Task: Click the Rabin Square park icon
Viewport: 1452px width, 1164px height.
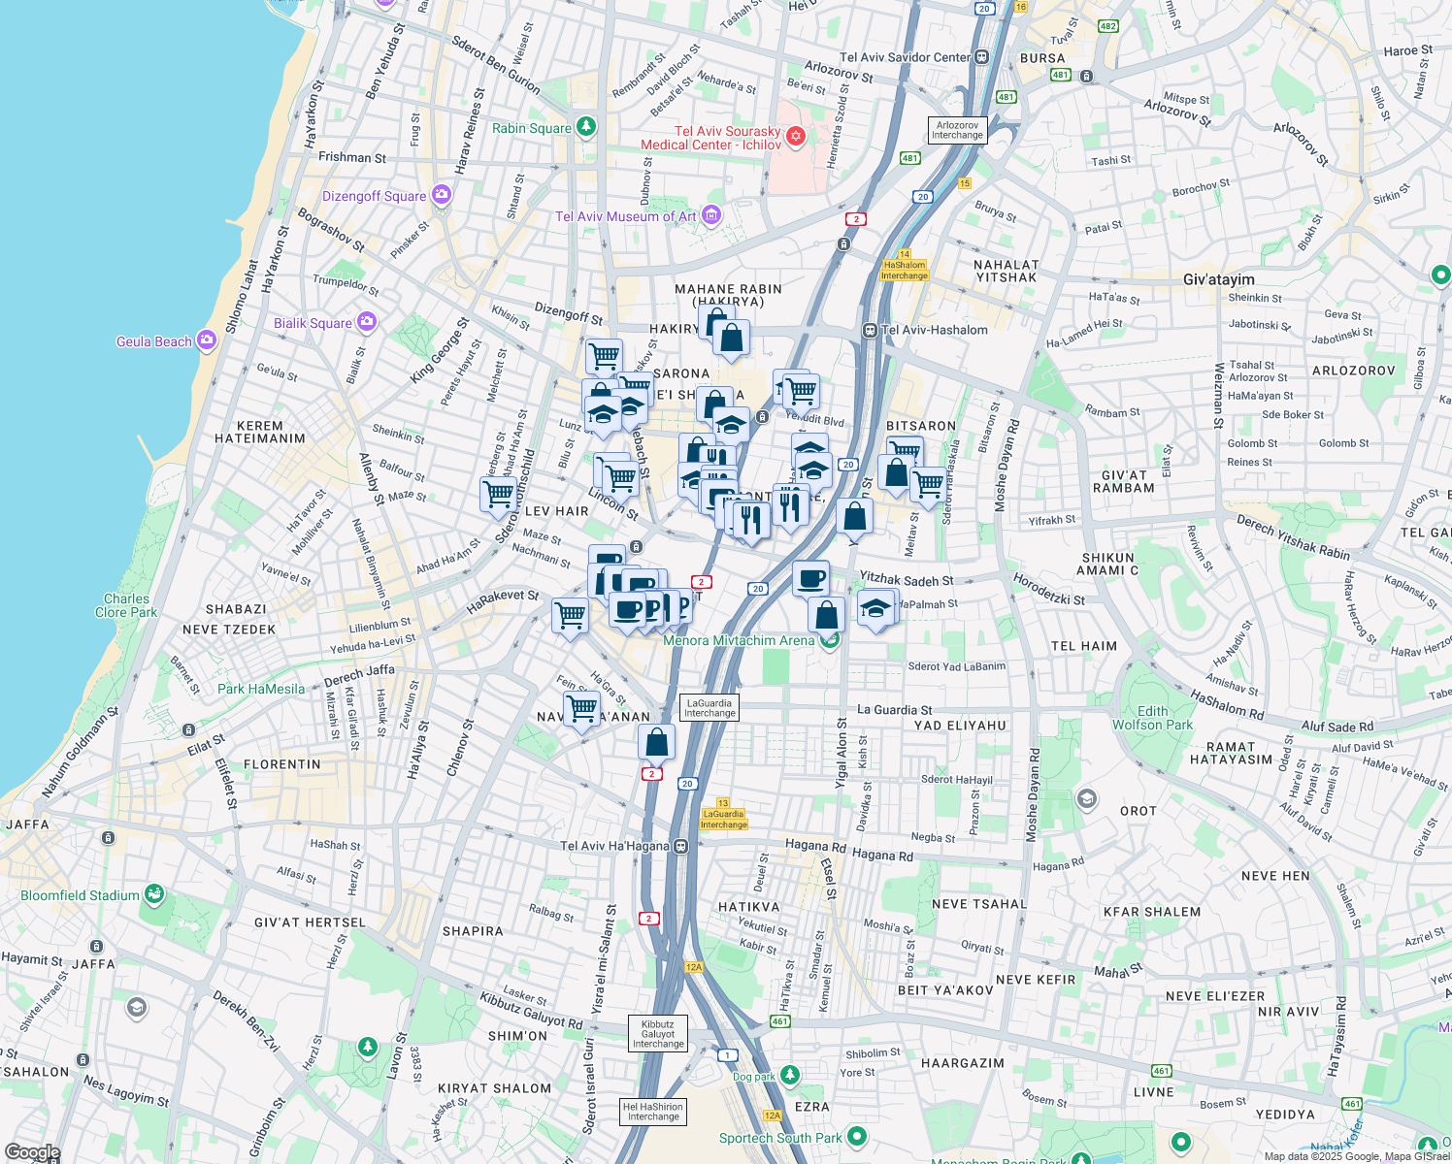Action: point(585,127)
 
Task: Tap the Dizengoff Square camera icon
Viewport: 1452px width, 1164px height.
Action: point(442,195)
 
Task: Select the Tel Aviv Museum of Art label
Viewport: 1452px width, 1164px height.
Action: point(625,216)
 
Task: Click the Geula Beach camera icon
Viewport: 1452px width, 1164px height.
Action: point(206,340)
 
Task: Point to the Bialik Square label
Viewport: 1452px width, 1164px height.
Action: point(313,323)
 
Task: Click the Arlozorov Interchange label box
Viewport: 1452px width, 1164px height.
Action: point(957,130)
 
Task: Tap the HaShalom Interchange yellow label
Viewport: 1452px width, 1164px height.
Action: point(904,270)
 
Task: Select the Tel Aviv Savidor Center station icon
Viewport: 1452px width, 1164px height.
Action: point(982,57)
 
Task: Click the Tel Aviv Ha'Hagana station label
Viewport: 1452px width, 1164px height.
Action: point(614,846)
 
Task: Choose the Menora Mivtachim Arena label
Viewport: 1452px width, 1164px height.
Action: point(739,640)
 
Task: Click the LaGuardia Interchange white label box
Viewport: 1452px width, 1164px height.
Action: point(709,708)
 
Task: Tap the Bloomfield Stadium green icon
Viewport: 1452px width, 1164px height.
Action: point(153,894)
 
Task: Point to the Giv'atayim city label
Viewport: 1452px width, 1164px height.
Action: point(1219,279)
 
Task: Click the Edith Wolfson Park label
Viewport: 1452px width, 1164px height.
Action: point(1152,718)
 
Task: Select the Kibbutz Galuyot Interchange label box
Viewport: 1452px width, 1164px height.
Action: point(658,1034)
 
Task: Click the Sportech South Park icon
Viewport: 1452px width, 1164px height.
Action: point(856,1136)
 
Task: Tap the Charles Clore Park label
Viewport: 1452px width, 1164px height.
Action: point(126,605)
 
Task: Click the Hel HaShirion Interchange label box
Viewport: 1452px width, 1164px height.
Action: point(653,1112)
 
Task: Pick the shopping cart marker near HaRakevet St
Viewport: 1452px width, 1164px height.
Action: point(570,615)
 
